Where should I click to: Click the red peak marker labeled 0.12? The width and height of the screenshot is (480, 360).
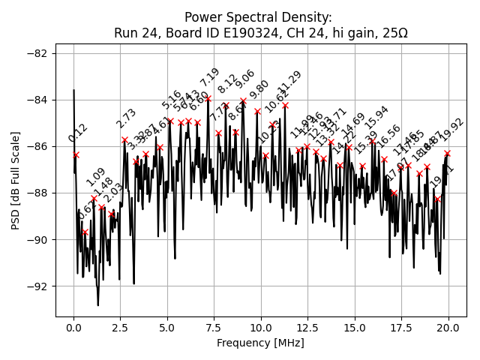pos(76,154)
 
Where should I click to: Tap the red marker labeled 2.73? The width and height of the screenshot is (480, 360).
pos(124,140)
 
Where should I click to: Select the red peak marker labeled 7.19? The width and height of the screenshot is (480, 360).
pos(208,98)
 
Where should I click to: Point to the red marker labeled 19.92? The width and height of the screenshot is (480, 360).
pos(447,153)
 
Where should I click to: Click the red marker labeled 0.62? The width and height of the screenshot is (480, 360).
pos(85,232)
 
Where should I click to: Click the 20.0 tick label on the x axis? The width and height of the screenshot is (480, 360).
pos(448,328)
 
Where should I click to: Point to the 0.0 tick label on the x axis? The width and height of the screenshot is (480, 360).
pos(73,328)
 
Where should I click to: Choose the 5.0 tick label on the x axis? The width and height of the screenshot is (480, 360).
pos(167,328)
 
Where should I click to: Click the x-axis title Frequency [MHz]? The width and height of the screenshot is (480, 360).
pos(260,343)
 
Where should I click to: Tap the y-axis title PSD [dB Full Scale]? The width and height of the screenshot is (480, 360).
pos(16,180)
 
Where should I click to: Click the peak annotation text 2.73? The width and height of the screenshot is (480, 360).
pos(126,118)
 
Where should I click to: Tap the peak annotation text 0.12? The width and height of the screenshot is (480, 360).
pos(78,133)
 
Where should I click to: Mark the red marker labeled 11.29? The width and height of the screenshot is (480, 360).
pos(285,105)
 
